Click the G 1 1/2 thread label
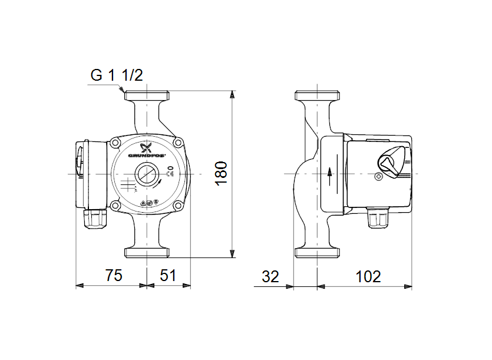pyautogui.click(x=116, y=75)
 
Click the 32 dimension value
pyautogui.click(x=270, y=276)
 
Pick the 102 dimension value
pyautogui.click(x=368, y=276)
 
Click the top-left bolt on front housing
pyautogui.click(x=115, y=143)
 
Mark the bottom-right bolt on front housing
pyautogui.click(x=177, y=206)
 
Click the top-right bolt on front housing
pyautogui.click(x=177, y=143)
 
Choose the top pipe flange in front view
pyautogui.click(x=147, y=96)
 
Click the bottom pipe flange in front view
pyautogui.click(x=147, y=252)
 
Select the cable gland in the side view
pyautogui.click(x=377, y=219)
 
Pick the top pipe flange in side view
pyautogui.click(x=318, y=96)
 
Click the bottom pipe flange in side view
pyautogui.click(x=318, y=252)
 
